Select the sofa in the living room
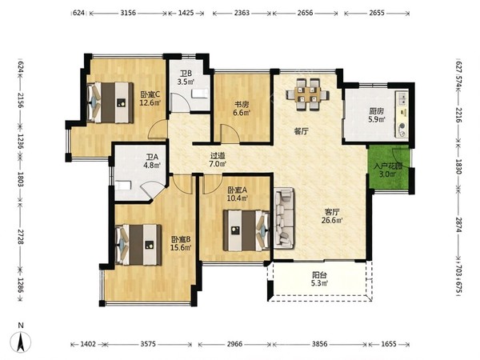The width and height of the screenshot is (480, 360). pos(284,218)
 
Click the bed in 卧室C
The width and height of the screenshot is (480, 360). pos(110,102)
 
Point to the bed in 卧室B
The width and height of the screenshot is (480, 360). pos(138,245)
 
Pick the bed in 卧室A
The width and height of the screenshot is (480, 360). pos(246,230)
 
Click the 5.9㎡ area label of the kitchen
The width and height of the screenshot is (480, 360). pos(377,119)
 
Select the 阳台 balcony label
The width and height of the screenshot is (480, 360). pos(319,275)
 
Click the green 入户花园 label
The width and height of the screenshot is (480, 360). pos(388,166)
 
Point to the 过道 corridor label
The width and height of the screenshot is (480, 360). pos(218,156)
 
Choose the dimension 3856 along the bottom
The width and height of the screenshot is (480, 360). pos(319,344)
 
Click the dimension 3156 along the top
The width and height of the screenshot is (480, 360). pos(128,13)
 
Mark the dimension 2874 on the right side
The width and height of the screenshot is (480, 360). pos(458,225)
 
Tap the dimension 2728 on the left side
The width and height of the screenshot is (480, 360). pos(21,236)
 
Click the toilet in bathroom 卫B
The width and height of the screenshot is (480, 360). pos(200,94)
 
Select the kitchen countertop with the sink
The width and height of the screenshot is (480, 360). pos(402,114)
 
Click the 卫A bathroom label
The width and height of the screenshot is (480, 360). pos(152,157)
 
